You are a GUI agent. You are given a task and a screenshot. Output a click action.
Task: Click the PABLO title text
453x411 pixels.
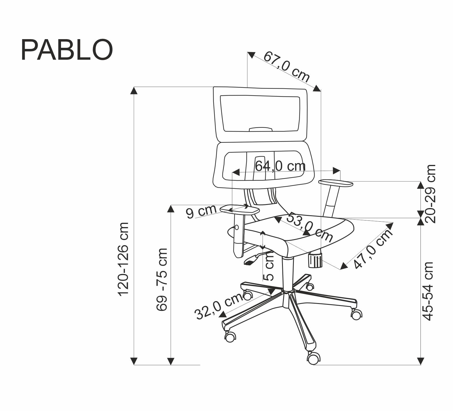(x=67, y=50)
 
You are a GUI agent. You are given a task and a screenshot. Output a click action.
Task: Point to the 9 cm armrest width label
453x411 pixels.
(x=201, y=212)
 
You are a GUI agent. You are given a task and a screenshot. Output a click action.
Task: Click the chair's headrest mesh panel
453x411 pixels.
(x=260, y=113)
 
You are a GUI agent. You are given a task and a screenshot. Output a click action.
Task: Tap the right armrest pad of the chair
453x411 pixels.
(x=336, y=183)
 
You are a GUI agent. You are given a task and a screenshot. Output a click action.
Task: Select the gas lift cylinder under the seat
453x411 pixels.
(x=288, y=273)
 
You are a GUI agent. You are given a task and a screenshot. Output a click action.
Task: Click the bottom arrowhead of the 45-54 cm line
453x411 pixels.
(x=421, y=361)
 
